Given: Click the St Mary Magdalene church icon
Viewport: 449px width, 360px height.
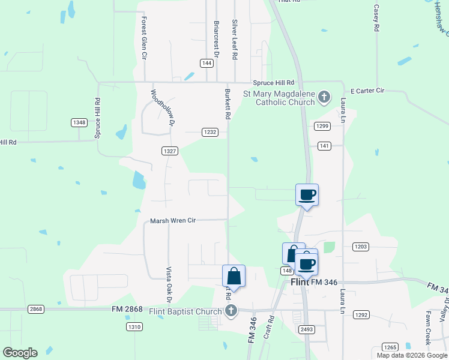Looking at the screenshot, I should tap(324, 97).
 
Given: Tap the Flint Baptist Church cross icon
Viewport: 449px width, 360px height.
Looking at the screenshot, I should tap(231, 310).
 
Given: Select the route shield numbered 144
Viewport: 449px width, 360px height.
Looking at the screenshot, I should tap(206, 63).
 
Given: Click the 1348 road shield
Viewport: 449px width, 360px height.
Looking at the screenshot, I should tap(79, 122).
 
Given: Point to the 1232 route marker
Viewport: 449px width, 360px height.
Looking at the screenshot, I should tap(209, 132).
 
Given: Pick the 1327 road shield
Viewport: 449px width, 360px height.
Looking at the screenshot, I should tap(169, 151).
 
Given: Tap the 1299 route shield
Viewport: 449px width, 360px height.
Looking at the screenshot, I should tap(322, 126).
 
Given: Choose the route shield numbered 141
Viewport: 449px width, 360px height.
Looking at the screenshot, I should tap(324, 146).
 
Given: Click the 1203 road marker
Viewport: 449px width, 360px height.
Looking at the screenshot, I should tap(361, 247).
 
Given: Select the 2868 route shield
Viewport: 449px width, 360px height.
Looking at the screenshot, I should tap(36, 309).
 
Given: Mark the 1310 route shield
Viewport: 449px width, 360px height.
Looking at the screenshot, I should tap(134, 326).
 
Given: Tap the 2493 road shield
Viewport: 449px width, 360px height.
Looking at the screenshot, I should tap(307, 329).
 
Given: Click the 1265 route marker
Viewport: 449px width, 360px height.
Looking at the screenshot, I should tap(390, 347).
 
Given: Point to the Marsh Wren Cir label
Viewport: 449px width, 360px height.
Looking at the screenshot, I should tap(173, 220).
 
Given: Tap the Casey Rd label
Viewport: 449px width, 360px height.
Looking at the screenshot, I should tap(376, 18).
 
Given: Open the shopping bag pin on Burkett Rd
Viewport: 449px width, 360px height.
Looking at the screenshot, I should tap(234, 277).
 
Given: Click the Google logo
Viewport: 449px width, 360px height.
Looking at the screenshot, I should tap(20, 353).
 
